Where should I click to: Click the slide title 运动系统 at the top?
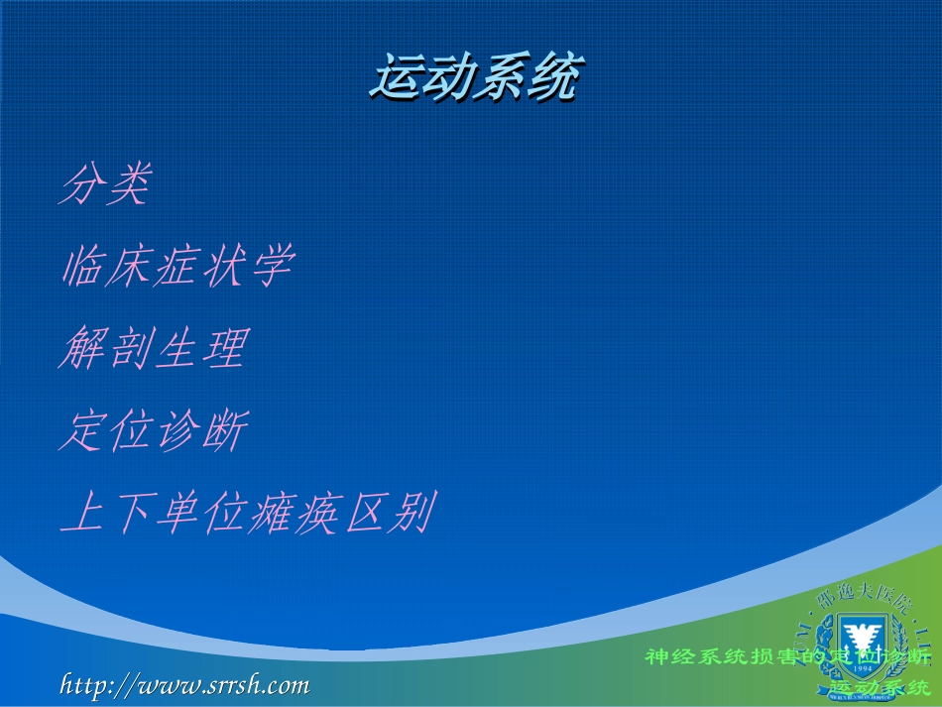pyautogui.click(x=474, y=78)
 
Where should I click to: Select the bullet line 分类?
pyautogui.click(x=105, y=185)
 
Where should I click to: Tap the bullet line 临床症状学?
pyautogui.click(x=177, y=267)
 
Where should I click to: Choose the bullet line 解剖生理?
pyautogui.click(x=152, y=349)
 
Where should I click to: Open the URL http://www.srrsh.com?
pyautogui.click(x=185, y=684)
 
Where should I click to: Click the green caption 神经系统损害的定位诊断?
pyautogui.click(x=788, y=656)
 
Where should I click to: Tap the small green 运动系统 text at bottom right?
pyautogui.click(x=881, y=687)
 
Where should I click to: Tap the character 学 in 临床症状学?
pyautogui.click(x=271, y=267)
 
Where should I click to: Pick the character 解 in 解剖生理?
pyautogui.click(x=81, y=349)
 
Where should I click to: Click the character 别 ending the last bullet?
pyautogui.click(x=411, y=514)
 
